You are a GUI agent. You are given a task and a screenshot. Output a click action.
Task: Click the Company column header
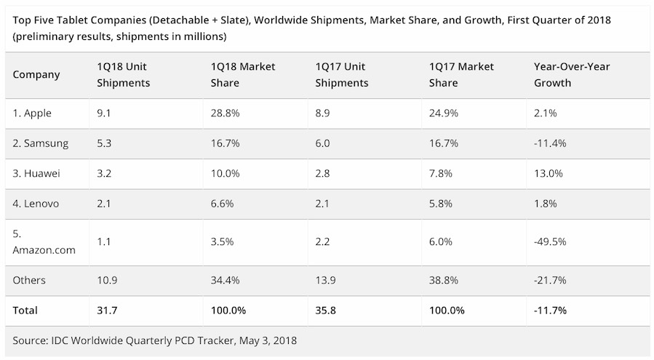click(x=36, y=74)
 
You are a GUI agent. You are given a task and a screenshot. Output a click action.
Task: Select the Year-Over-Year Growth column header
click(x=572, y=74)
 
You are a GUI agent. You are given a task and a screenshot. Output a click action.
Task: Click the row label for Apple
click(x=33, y=113)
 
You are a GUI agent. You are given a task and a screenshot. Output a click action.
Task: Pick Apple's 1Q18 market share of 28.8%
click(x=223, y=113)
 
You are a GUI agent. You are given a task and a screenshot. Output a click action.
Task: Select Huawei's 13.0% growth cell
click(x=549, y=174)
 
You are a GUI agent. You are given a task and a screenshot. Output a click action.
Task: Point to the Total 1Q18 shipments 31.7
click(x=108, y=310)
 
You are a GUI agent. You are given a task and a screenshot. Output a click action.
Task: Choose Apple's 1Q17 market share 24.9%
click(x=444, y=113)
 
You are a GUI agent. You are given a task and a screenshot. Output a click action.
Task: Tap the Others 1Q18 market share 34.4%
click(x=223, y=280)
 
